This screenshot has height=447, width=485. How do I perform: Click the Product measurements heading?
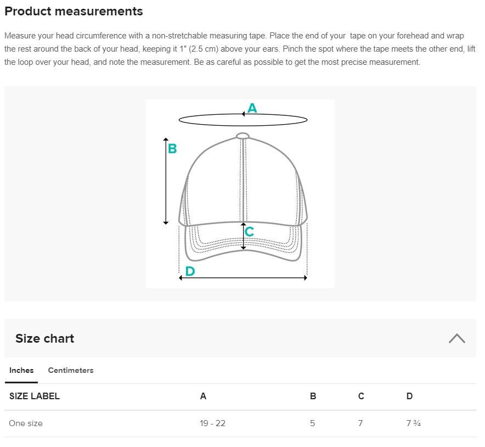click(74, 11)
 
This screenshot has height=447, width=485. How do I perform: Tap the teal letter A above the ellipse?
click(252, 108)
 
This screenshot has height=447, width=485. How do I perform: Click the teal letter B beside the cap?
click(172, 149)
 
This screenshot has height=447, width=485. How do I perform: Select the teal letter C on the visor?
click(249, 231)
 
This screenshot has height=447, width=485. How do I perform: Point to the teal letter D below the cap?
click(190, 271)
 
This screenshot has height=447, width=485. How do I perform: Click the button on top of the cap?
click(243, 136)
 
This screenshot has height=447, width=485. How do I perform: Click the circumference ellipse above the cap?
click(243, 126)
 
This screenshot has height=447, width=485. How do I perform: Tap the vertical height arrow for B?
click(166, 181)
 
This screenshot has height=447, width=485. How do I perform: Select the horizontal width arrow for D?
click(243, 278)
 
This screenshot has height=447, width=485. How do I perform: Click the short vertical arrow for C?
click(244, 236)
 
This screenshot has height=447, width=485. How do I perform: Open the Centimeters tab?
click(71, 370)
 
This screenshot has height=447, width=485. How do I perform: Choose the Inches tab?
click(21, 370)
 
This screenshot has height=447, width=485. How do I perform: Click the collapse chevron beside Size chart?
click(457, 338)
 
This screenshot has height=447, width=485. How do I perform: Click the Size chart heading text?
click(45, 338)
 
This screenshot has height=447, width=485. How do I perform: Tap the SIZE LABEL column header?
click(35, 396)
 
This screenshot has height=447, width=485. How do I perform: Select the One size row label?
click(26, 423)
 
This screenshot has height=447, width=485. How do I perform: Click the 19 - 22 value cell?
click(212, 423)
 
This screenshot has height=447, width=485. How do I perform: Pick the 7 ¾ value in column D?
click(414, 423)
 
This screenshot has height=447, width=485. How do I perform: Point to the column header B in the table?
click(313, 396)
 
